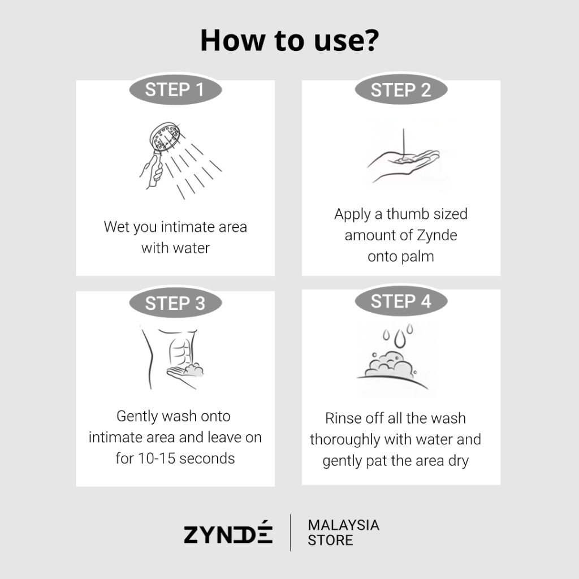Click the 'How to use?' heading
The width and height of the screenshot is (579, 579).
289,40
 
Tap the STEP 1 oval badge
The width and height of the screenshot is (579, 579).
175,89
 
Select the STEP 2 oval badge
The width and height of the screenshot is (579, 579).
401,89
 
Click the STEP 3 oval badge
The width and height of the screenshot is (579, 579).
175,303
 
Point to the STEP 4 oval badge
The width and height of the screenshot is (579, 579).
401,301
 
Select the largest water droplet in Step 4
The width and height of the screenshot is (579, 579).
400,339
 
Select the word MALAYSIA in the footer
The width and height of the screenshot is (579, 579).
343,525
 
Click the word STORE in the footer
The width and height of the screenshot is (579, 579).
330,540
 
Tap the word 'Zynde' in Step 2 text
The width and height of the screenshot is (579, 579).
437,235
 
